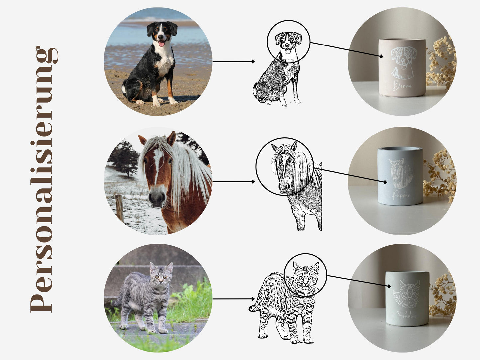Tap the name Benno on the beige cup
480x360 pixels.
tap(402, 85)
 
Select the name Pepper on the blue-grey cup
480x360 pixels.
tap(401, 195)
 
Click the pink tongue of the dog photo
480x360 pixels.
tap(161, 44)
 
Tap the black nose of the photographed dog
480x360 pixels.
tap(161, 37)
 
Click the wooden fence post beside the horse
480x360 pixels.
tap(119, 208)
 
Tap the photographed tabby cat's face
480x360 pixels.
tap(161, 277)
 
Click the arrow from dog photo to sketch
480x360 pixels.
tap(234, 62)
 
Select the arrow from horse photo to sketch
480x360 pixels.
tap(234, 181)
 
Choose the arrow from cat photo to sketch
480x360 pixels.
tap(234, 299)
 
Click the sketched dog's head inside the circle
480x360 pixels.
tap(288, 43)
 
